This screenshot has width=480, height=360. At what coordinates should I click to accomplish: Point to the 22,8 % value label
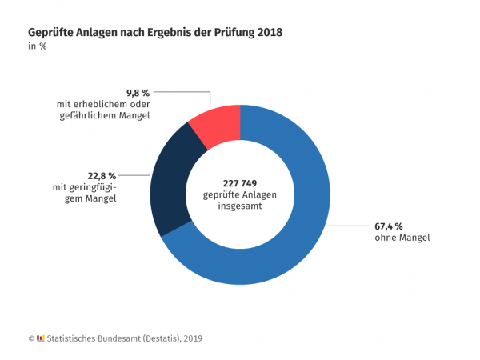click(x=102, y=175)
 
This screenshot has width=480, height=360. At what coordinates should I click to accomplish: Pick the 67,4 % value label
click(x=390, y=226)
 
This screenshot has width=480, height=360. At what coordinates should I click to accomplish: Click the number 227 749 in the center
click(x=239, y=183)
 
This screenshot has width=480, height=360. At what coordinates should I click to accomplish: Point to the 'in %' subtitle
click(x=38, y=46)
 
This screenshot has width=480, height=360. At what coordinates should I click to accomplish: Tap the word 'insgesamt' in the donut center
click(x=240, y=206)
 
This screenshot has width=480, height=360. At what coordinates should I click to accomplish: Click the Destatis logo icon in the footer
click(x=41, y=338)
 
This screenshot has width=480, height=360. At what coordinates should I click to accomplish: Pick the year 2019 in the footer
click(x=191, y=338)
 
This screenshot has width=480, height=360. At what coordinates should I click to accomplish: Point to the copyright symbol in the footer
click(x=31, y=338)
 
